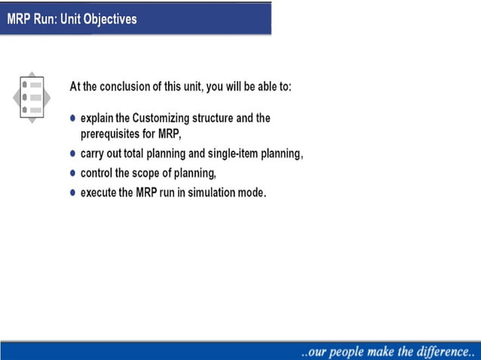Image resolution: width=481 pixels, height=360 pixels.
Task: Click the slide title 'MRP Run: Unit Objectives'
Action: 72,19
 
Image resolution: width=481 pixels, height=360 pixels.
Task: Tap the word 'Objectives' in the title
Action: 110,19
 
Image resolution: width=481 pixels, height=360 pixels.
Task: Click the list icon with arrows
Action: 32,97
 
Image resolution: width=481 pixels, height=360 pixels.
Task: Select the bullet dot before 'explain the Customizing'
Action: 73,119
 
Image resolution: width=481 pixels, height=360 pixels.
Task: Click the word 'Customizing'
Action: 159,119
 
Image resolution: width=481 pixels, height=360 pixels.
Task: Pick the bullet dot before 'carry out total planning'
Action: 73,154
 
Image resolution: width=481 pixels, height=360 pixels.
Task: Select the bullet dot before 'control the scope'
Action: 73,173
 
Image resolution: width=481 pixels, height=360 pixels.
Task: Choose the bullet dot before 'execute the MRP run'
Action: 73,193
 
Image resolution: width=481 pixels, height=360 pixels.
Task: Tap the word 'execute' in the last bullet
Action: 99,193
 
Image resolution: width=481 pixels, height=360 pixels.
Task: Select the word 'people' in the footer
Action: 351,351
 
